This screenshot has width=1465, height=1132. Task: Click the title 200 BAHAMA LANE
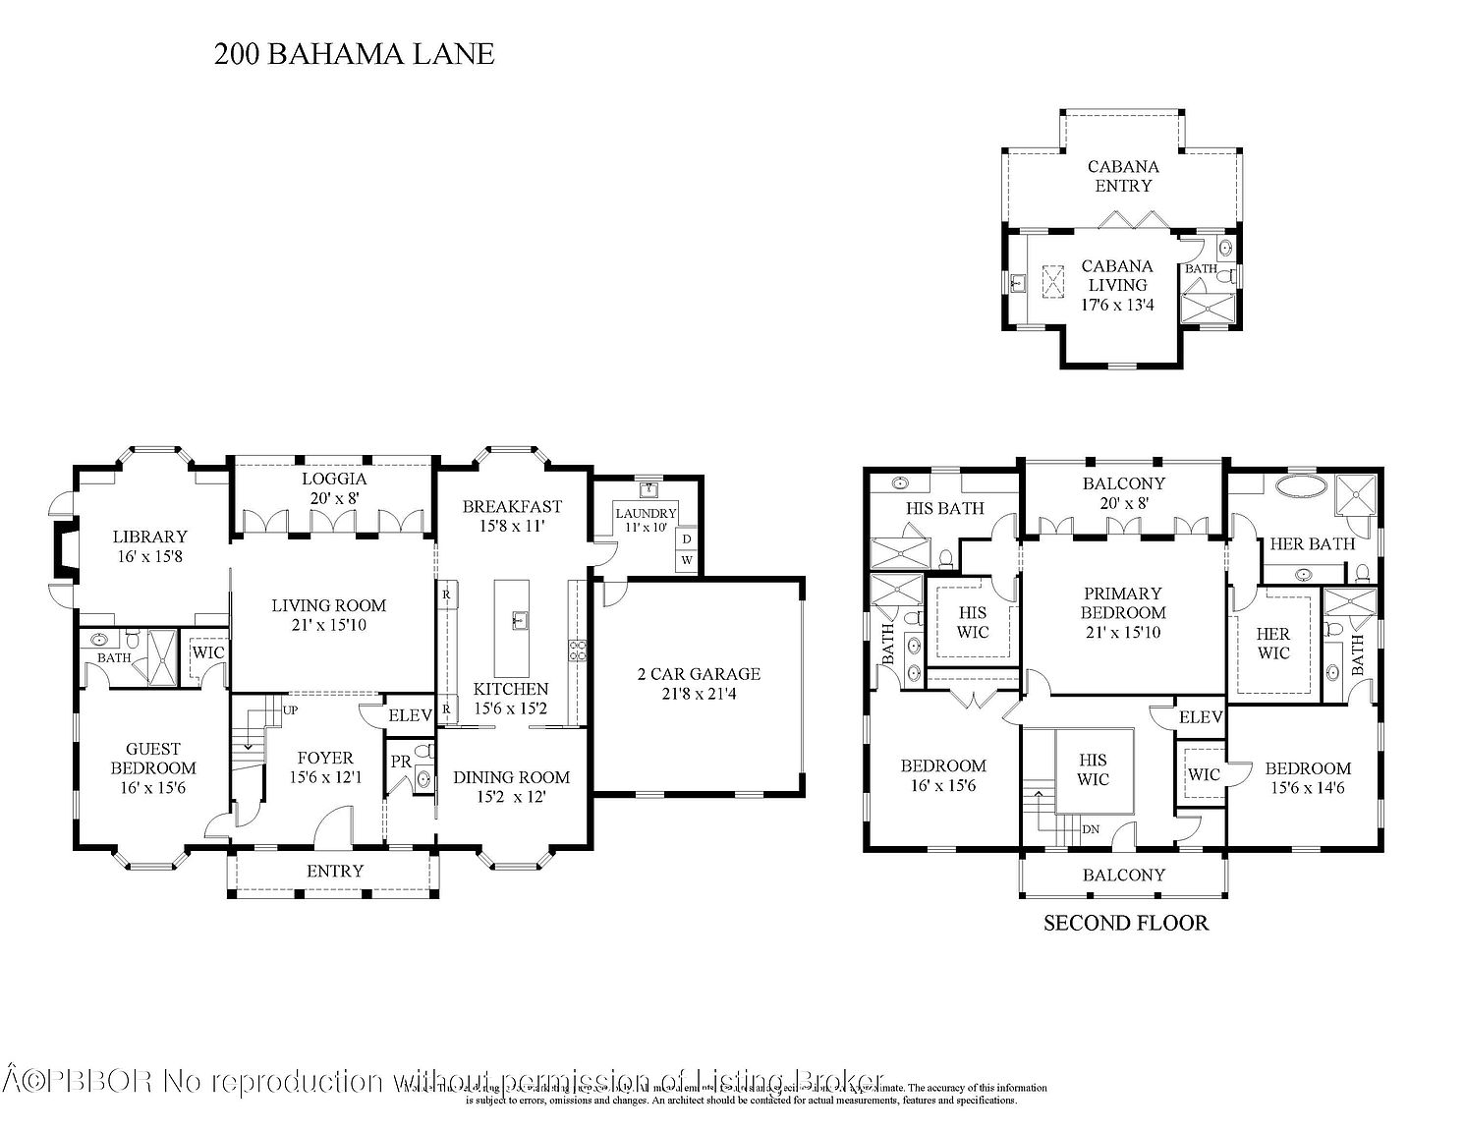(354, 54)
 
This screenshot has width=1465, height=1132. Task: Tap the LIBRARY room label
(149, 537)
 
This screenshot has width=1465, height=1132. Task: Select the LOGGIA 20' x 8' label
(333, 488)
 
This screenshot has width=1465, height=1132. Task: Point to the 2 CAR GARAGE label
(698, 674)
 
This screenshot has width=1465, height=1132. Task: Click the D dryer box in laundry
(686, 538)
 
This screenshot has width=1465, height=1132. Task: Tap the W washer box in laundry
(686, 560)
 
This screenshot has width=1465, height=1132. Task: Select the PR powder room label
(400, 762)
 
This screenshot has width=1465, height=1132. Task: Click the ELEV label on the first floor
(410, 715)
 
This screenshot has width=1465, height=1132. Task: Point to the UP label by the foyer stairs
(291, 708)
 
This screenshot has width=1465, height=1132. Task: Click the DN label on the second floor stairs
(1091, 829)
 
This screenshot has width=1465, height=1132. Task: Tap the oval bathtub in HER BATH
(1302, 485)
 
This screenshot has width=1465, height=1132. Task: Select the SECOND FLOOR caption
(1125, 923)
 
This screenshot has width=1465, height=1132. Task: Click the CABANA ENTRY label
(1123, 176)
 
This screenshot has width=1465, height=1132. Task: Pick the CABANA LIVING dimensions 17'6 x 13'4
(1118, 305)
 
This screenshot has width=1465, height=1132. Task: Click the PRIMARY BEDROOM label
(1122, 602)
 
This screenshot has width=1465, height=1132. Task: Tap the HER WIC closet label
(1272, 644)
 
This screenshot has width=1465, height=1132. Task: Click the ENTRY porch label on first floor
(335, 871)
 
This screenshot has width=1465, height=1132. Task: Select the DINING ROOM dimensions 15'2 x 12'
(511, 797)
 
